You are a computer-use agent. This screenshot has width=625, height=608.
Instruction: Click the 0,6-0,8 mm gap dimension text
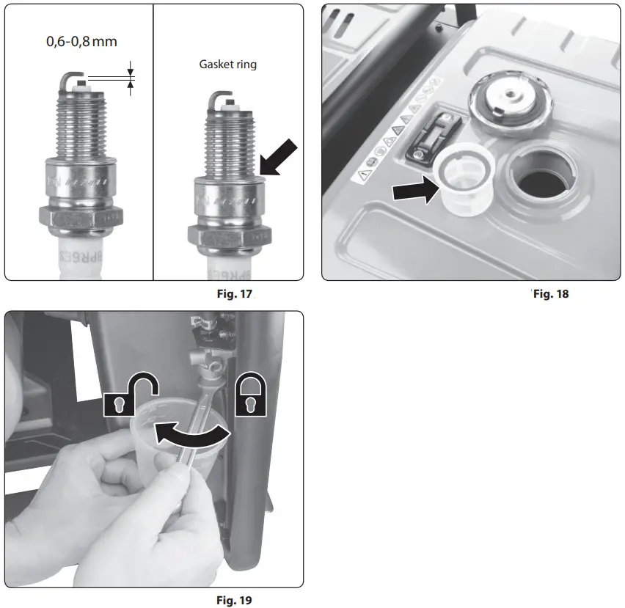tap(81, 41)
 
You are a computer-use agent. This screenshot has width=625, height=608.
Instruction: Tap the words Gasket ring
tap(228, 65)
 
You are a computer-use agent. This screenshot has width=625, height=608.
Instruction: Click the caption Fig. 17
tap(235, 294)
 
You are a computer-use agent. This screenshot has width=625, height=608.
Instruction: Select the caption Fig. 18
tap(551, 294)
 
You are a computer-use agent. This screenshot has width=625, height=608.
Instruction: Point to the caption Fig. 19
tap(235, 600)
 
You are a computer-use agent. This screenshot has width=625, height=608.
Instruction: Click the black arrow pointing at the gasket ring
tap(279, 158)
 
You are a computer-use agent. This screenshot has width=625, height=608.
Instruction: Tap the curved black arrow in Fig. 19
tap(191, 435)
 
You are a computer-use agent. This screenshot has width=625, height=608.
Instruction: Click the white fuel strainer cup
tap(464, 179)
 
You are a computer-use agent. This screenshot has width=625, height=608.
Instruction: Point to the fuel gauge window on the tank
tap(433, 135)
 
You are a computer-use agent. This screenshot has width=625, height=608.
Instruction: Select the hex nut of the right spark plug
tap(230, 238)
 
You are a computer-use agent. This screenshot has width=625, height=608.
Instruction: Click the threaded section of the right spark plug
tap(229, 144)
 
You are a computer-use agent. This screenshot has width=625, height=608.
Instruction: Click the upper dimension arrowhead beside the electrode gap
tap(131, 72)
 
